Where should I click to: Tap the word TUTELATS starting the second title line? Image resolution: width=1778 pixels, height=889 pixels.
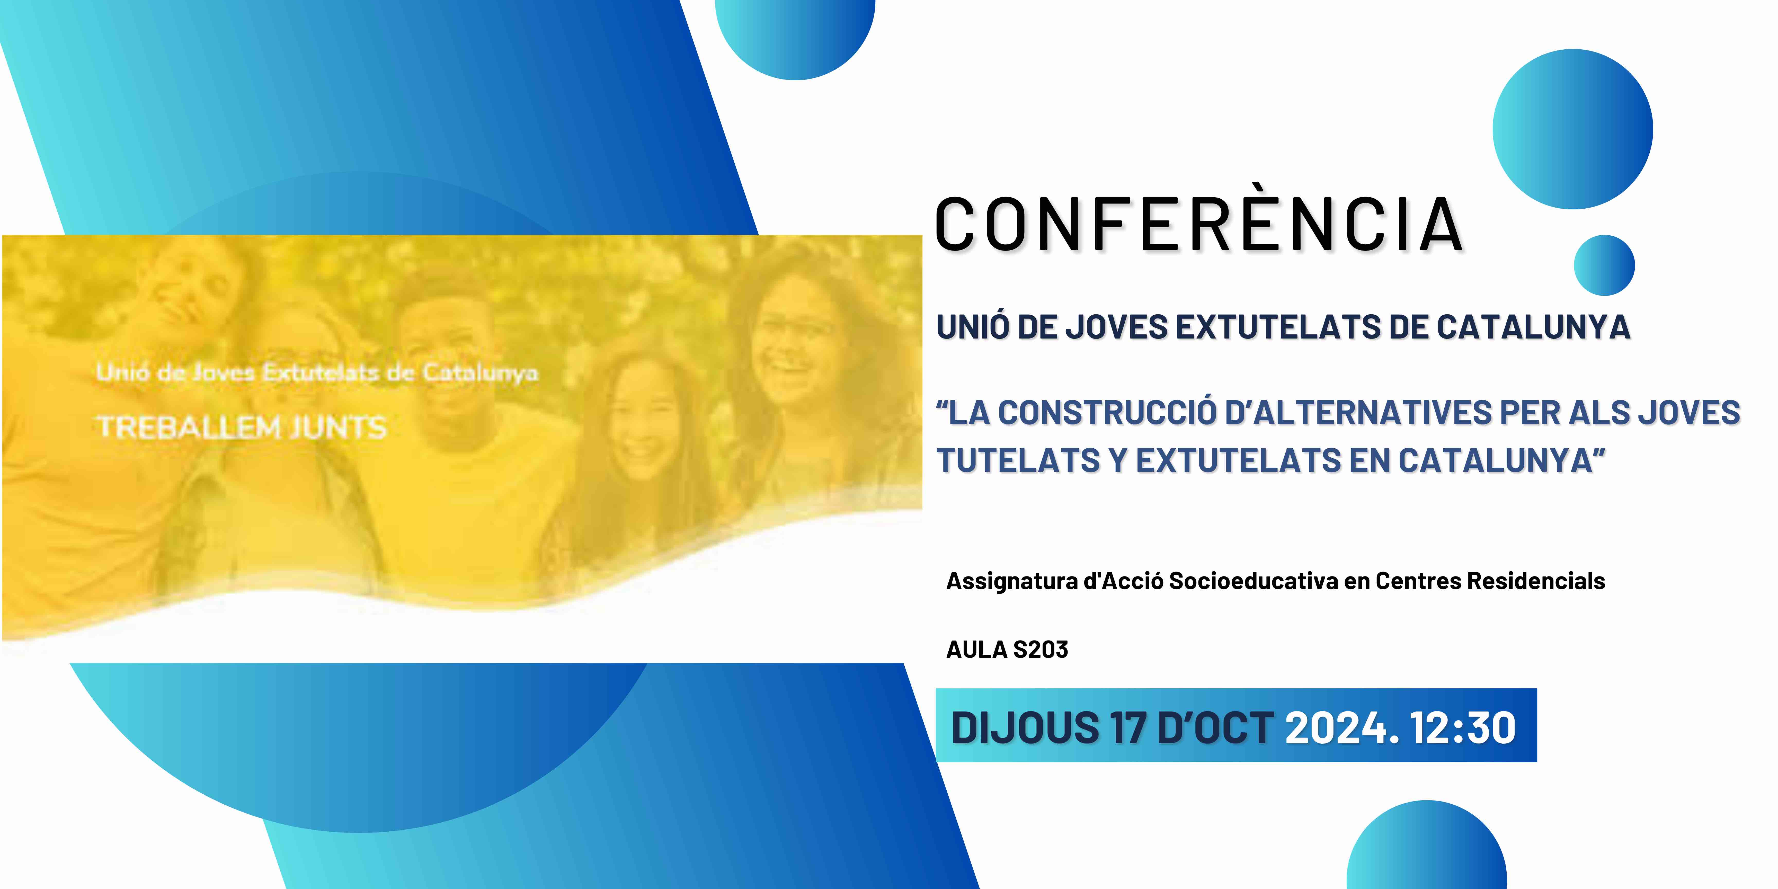click(1017, 460)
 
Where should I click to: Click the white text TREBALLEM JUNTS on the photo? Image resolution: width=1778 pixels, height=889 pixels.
click(242, 427)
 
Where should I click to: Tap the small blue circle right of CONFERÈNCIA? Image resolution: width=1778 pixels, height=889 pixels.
click(1604, 266)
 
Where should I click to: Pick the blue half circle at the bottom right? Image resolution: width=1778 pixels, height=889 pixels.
click(1427, 846)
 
